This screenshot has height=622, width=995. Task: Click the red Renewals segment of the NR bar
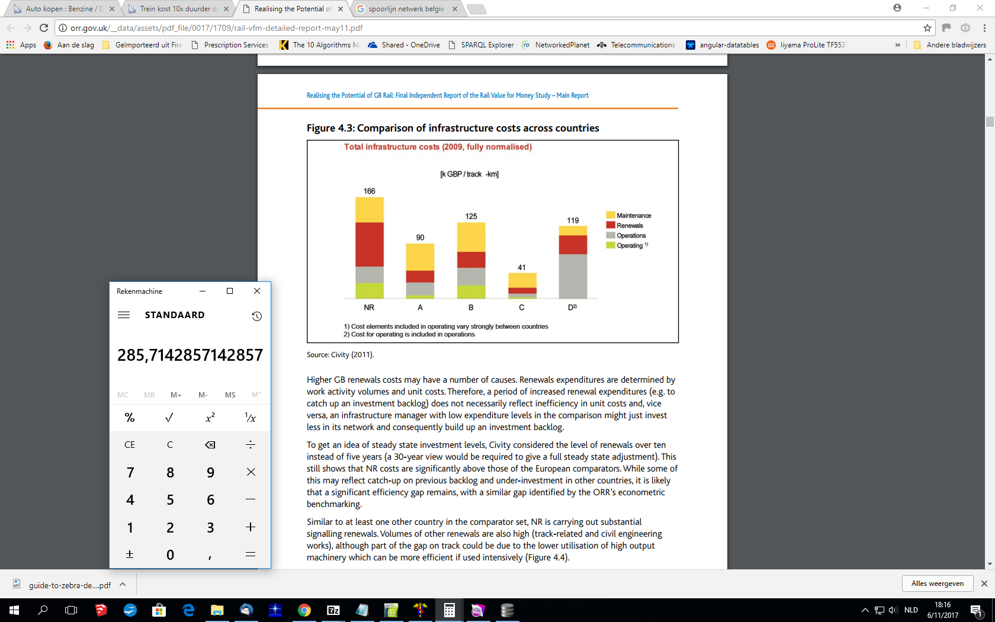pos(369,244)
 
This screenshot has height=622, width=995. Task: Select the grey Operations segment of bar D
pos(573,276)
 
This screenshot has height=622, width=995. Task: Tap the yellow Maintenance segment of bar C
pos(522,280)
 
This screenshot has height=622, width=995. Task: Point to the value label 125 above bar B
pos(471,216)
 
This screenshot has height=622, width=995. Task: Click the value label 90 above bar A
pos(420,238)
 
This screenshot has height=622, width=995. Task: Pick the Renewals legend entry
pos(629,226)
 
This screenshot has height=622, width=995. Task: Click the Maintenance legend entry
pos(633,216)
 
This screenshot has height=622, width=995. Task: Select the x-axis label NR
pos(369,307)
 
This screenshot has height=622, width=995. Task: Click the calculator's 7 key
pos(130,472)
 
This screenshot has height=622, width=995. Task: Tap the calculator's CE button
pos(130,445)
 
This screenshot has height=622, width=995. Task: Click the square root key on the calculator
pos(169,418)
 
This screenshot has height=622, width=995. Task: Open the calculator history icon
pos(256,316)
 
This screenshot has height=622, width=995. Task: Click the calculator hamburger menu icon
pos(124,315)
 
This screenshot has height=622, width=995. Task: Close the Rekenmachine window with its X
pos(256,291)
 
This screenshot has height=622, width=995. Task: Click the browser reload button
pos(44,28)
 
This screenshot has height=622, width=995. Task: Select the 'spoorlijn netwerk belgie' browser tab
pos(406,9)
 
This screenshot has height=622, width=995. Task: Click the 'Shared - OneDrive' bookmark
pos(410,45)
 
